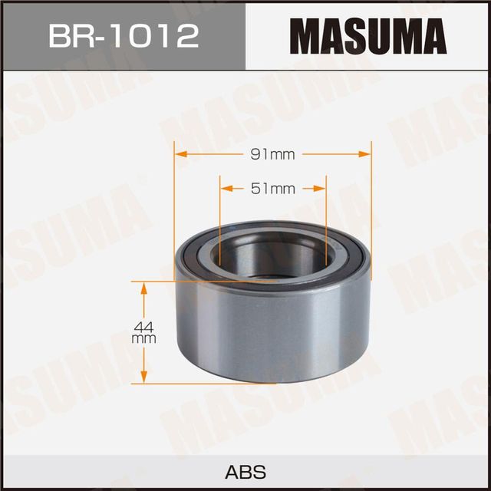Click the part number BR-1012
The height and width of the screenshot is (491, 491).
pos(123,35)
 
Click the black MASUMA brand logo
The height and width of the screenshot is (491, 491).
pos(368,35)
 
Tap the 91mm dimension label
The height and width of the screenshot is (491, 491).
pos(273,153)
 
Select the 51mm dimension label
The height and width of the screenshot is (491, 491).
pos(273,187)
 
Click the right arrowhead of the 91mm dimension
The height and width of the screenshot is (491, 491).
pos(367,153)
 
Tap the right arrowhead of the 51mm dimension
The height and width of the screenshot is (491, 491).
pos(321,187)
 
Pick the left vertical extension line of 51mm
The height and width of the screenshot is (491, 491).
pos(220,215)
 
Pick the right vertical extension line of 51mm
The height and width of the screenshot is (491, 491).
pos(326,215)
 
